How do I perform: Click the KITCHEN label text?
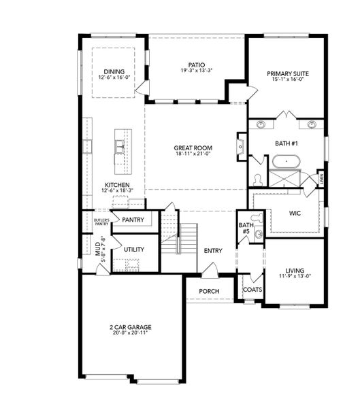[x=117, y=185]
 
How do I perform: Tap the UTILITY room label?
[x=133, y=250]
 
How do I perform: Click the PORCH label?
[x=208, y=291]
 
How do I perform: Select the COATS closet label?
[x=252, y=289]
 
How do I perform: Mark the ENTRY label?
[x=213, y=251]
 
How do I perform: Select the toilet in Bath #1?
[x=257, y=179]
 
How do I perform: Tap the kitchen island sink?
[x=120, y=144]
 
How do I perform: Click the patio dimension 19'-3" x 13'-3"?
[x=197, y=70]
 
